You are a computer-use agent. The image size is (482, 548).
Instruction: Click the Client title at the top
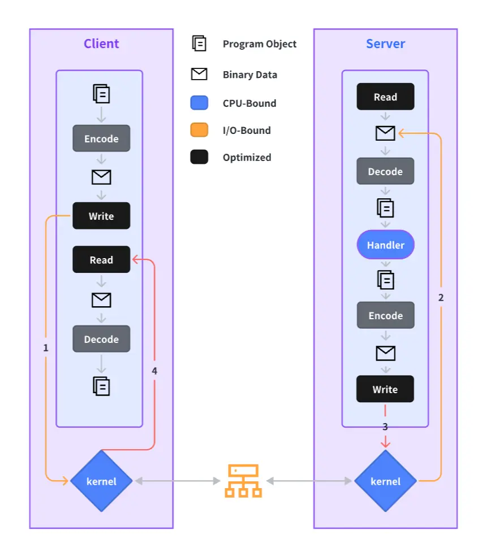click(101, 44)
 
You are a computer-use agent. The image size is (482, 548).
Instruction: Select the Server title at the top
click(385, 44)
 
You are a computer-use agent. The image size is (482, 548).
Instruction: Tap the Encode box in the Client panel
click(101, 138)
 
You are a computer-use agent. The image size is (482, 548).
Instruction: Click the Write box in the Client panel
click(101, 216)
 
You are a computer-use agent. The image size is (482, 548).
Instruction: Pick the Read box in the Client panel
click(101, 260)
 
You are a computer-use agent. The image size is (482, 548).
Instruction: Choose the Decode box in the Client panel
click(101, 339)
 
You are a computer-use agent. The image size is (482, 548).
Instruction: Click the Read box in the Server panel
click(385, 97)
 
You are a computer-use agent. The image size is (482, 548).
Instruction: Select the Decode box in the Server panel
click(385, 171)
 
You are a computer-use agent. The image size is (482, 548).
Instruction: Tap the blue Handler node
click(385, 245)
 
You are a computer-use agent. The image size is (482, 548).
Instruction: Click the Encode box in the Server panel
click(385, 315)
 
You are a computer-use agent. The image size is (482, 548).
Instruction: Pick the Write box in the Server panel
click(385, 389)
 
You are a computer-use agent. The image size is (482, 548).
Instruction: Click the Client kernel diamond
click(101, 481)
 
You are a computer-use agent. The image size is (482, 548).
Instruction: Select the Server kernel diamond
click(385, 481)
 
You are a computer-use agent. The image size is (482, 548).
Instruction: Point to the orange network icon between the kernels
click(243, 481)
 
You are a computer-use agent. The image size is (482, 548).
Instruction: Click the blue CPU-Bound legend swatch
click(199, 103)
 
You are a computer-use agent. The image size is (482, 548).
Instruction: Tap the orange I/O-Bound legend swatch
click(199, 130)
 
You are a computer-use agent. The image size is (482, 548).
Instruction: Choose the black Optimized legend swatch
click(199, 157)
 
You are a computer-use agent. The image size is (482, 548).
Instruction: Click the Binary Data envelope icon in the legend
click(199, 74)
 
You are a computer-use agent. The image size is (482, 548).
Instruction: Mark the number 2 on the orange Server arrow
click(441, 297)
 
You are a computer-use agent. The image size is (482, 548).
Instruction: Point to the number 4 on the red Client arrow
click(154, 371)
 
